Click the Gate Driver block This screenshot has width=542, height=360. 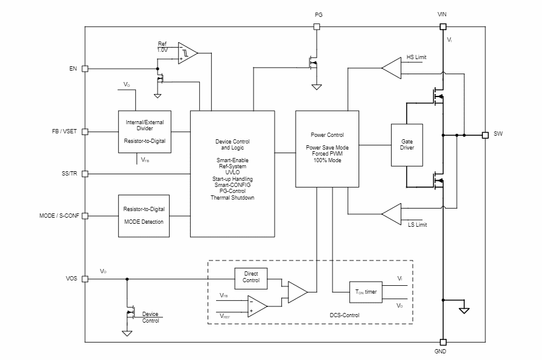point(407,145)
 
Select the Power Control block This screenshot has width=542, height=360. point(327,149)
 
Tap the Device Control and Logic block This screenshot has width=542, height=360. point(232,174)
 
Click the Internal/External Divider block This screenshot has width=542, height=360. point(144,131)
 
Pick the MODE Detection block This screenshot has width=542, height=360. point(144,215)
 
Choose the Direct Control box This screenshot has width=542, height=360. point(251,277)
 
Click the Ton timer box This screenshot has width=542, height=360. point(365,292)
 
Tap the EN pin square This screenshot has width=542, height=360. point(85,69)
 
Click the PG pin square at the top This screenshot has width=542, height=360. point(316,27)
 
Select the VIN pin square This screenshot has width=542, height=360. point(443,27)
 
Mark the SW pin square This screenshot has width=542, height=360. point(485,135)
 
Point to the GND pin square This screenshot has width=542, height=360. point(443,342)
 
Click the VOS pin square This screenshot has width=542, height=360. point(85,279)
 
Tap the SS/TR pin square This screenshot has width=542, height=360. point(85,174)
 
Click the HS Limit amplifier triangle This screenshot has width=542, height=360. point(392,68)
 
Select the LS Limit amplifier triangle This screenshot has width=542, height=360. point(392,213)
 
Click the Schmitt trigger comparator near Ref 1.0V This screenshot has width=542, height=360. point(187,53)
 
